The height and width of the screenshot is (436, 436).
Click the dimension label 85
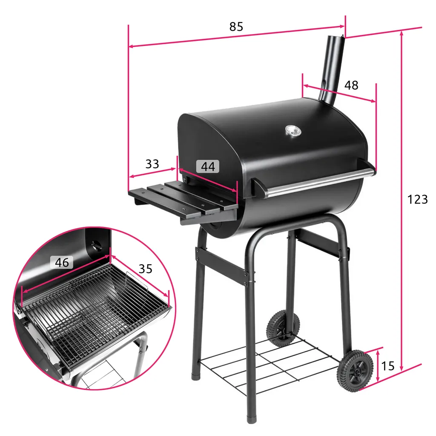pos(236,26)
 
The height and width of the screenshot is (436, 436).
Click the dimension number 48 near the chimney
pos(351,85)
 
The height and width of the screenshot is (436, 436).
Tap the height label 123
pos(417,199)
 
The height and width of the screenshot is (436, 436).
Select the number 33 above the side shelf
pos(152,164)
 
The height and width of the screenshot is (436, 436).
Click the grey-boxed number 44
pos(208,166)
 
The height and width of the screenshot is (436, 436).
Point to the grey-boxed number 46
pos(62,262)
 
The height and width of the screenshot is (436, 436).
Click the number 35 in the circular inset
pos(145,269)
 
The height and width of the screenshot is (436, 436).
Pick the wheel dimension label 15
pos(388,365)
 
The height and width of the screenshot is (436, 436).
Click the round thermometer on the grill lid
pos(292,131)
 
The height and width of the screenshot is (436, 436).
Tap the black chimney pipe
pos(333,68)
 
